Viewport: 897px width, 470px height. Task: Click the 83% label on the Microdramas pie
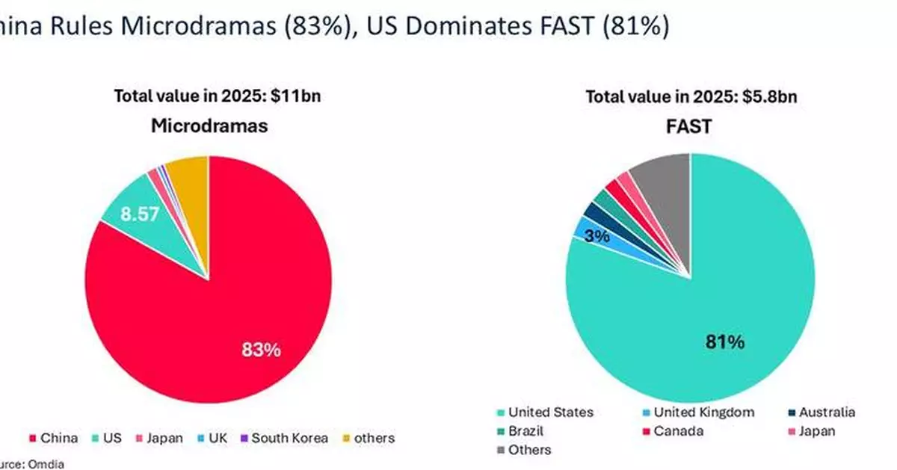pos(261,349)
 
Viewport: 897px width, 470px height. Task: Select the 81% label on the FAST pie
pos(725,342)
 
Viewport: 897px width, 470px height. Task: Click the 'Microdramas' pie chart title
pos(209,126)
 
